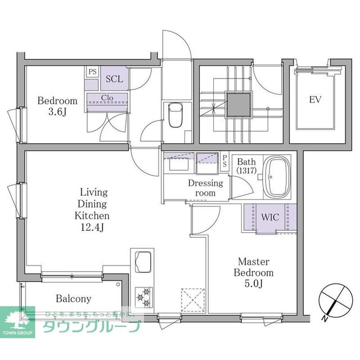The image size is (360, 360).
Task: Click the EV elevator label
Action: coord(315,100)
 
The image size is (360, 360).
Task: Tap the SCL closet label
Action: coord(115,79)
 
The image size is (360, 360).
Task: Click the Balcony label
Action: coord(73,299)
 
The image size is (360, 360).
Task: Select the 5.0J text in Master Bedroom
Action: coord(255,284)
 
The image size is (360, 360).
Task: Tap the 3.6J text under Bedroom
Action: coord(57,112)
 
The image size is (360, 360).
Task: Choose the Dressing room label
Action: coord(205,188)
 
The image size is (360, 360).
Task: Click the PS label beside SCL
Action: coord(92,72)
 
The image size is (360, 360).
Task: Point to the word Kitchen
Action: coord(92,215)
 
